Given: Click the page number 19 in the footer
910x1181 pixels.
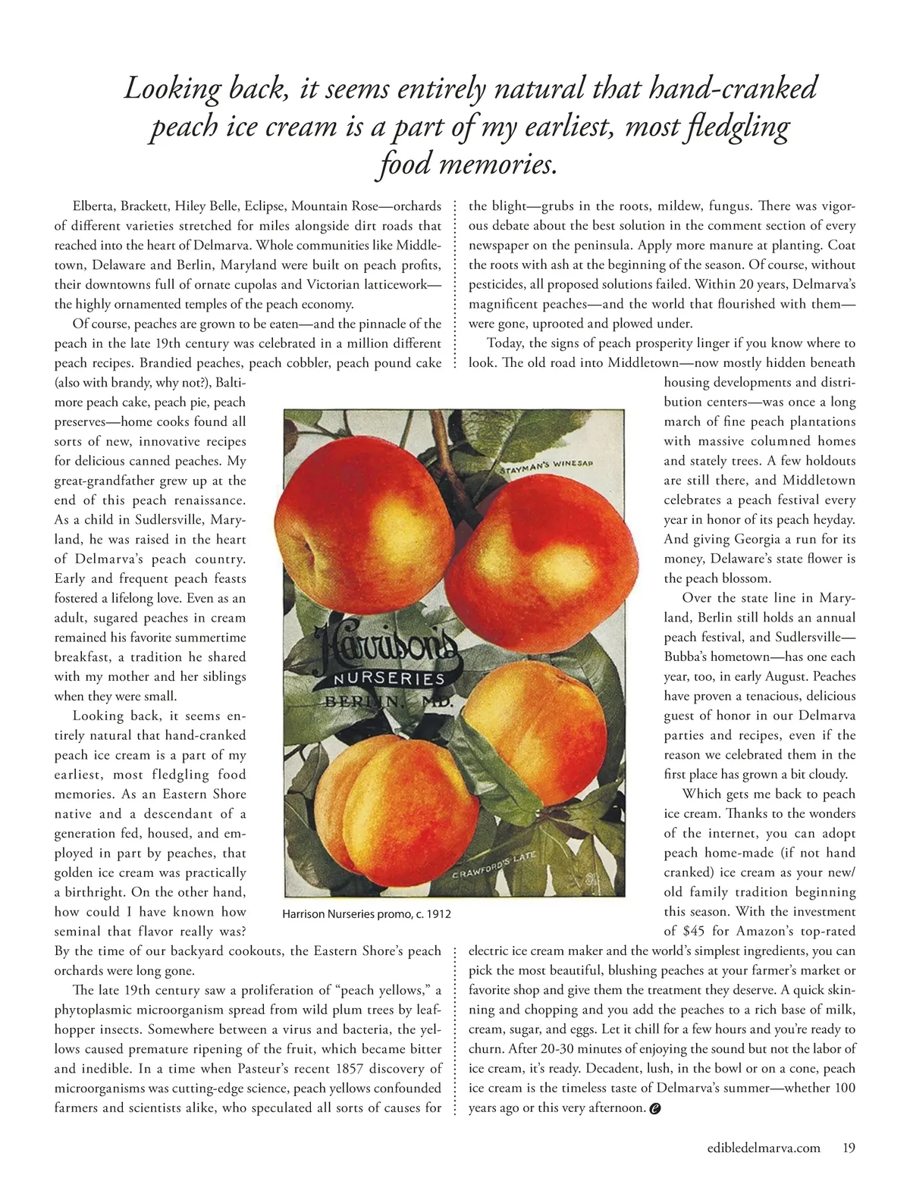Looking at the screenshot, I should click(x=849, y=1148).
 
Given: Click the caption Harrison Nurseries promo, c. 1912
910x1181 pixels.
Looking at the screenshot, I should click(x=366, y=914).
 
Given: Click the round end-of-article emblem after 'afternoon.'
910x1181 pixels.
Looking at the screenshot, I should click(x=656, y=1108).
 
